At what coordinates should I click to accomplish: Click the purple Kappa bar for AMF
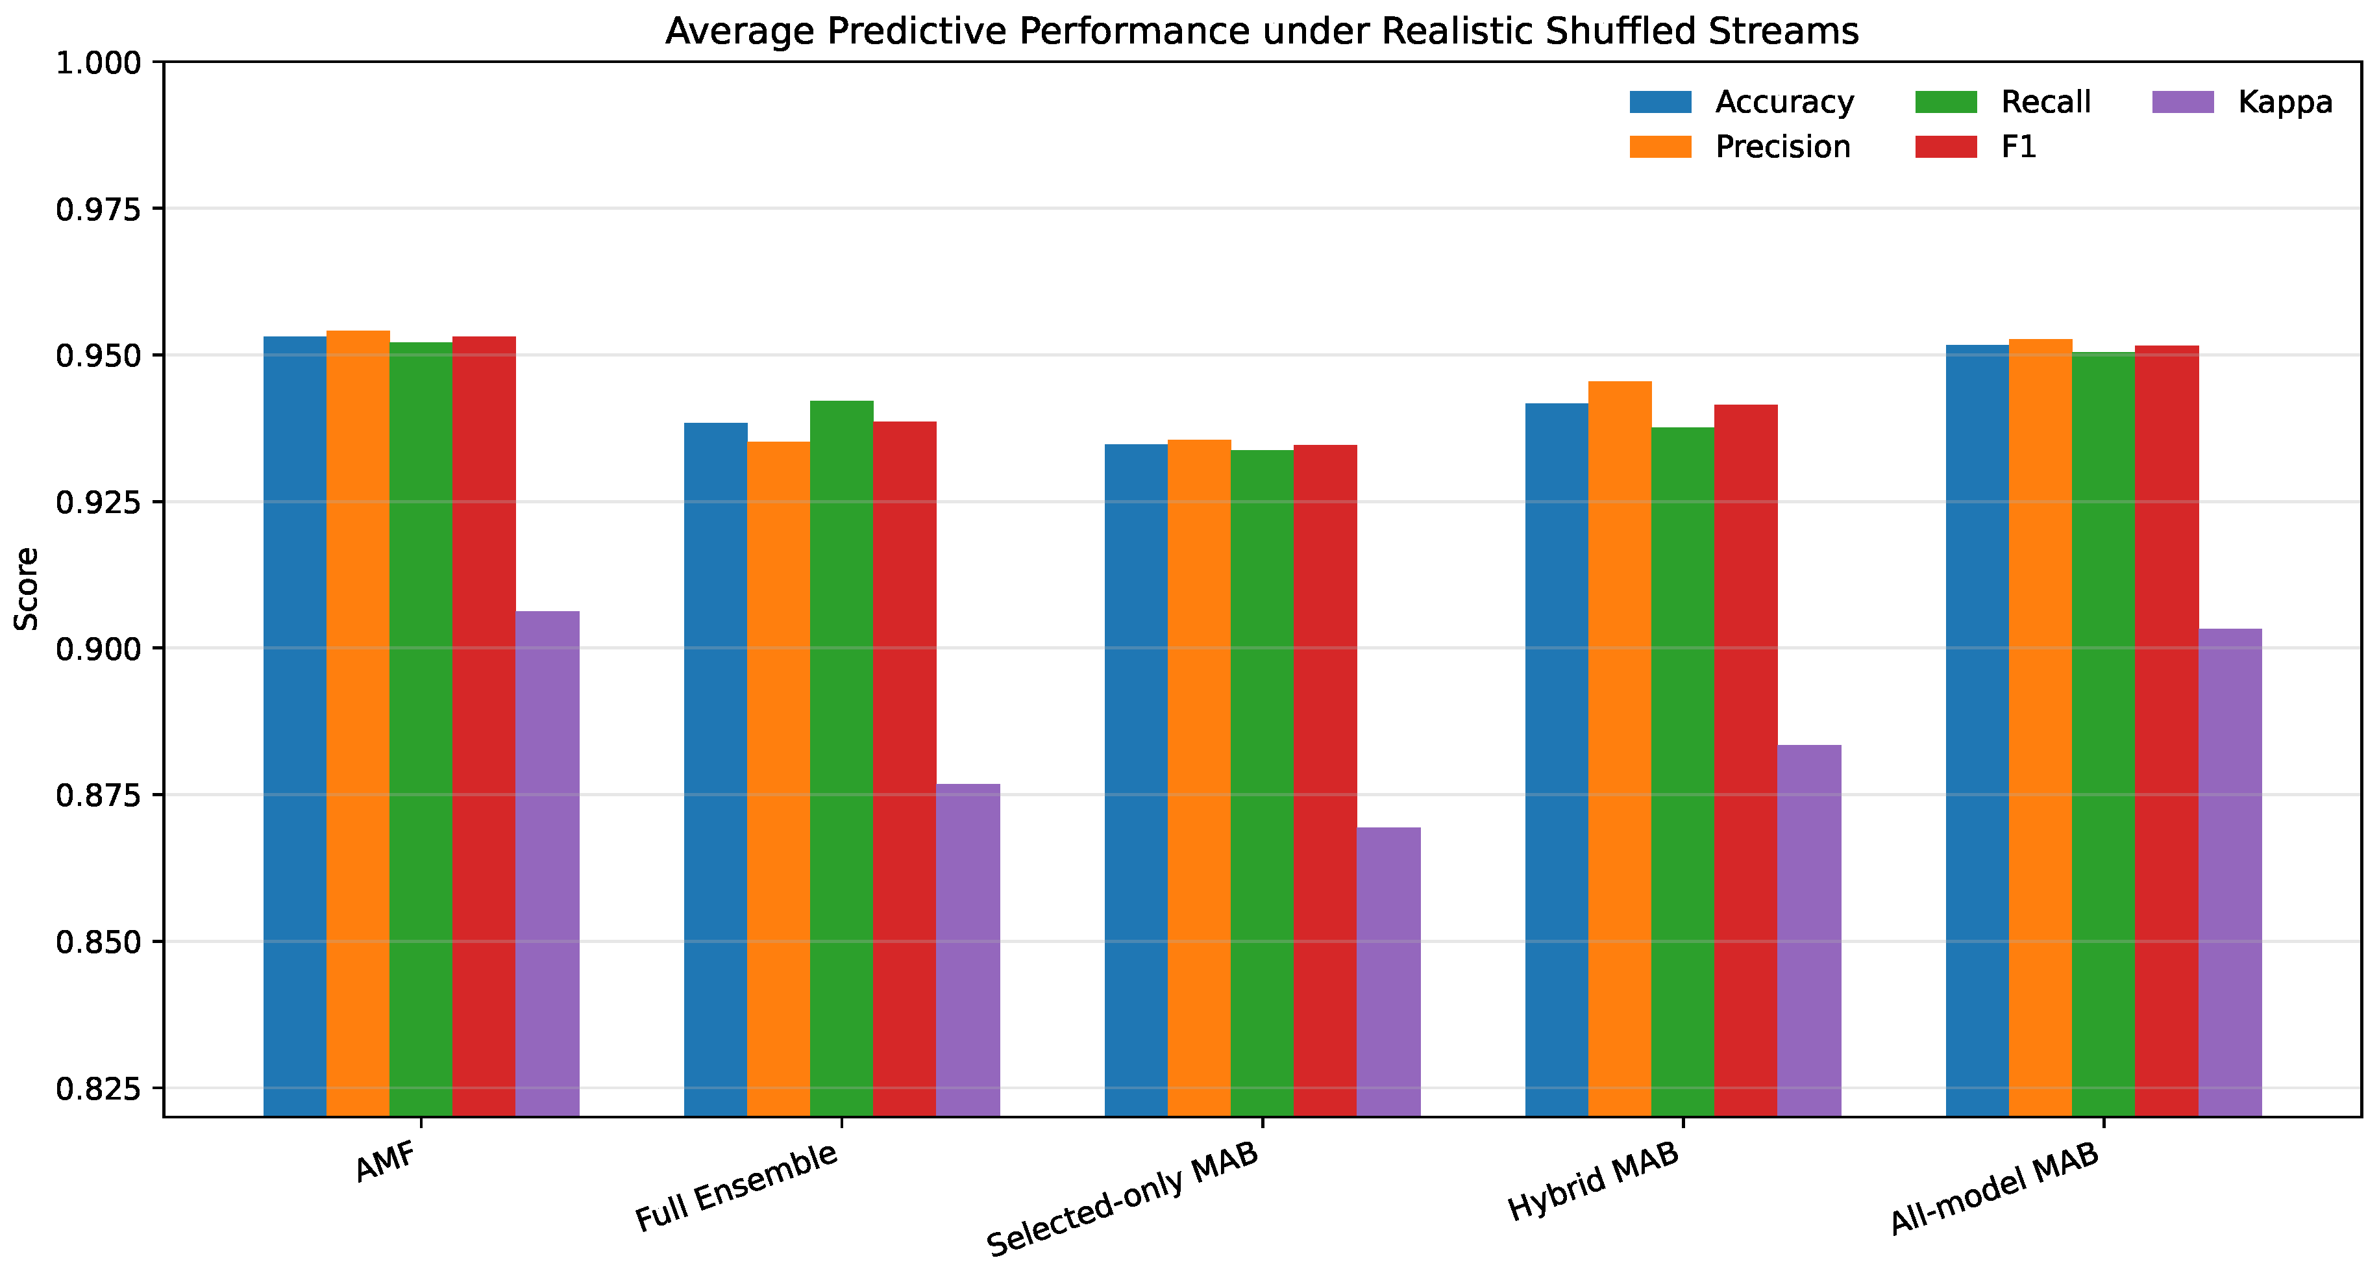tap(548, 864)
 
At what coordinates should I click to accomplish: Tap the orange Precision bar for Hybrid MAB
tap(1620, 749)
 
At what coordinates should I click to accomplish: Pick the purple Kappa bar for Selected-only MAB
tap(1389, 972)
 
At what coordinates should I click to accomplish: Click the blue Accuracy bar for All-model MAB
tap(1977, 731)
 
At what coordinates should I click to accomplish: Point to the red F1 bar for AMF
tap(484, 726)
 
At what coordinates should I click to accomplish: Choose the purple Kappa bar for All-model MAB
tap(2230, 873)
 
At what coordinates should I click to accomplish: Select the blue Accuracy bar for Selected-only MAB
tap(1136, 781)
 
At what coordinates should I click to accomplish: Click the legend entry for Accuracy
tap(1742, 101)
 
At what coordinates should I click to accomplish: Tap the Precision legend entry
tap(1740, 147)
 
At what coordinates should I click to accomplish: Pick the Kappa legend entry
tap(2242, 101)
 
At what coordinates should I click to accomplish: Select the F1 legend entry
tap(1975, 147)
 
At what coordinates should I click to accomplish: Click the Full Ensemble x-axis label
tap(737, 1187)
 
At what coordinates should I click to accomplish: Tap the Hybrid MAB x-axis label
tap(1593, 1182)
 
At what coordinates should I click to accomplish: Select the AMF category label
tap(387, 1161)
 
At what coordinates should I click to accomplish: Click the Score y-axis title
tap(26, 589)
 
